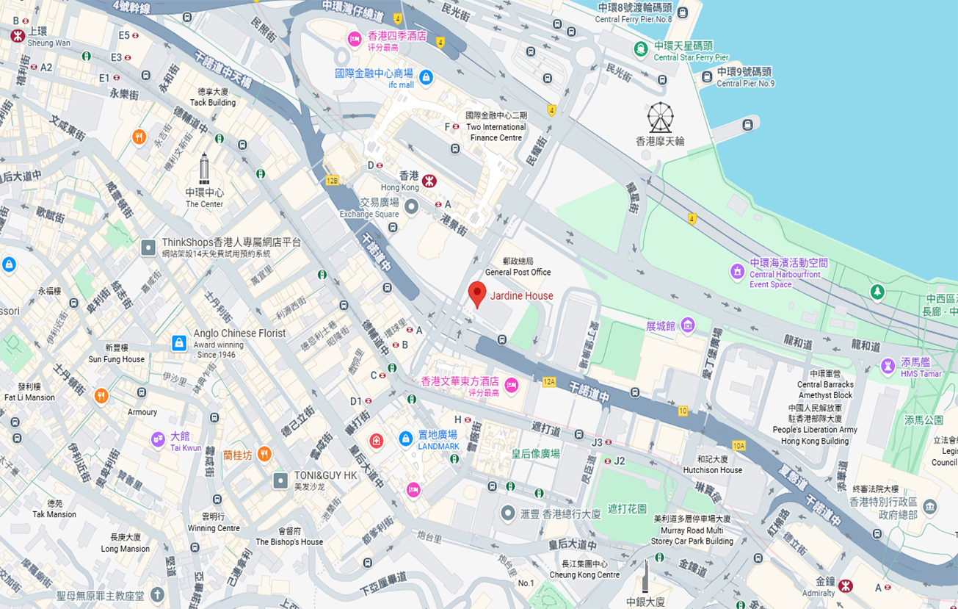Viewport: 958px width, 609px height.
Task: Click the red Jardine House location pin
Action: [x=477, y=293]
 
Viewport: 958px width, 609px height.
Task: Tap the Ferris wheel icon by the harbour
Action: [x=660, y=118]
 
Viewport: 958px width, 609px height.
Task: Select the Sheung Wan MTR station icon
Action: [x=18, y=35]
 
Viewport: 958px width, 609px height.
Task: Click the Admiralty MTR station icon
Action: [x=846, y=585]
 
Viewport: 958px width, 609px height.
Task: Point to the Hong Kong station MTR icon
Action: [x=429, y=181]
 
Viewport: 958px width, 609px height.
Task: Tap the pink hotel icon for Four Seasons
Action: [x=355, y=39]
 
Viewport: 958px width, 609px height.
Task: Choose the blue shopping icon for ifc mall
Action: [x=426, y=76]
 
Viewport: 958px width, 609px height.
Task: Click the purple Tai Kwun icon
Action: [x=158, y=439]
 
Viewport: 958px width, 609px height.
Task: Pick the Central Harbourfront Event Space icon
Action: [x=737, y=272]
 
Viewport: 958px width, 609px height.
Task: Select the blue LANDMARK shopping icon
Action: [x=405, y=439]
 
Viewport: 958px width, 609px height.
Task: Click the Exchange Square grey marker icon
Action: [x=411, y=206]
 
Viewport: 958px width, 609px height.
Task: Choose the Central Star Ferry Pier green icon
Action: [x=641, y=48]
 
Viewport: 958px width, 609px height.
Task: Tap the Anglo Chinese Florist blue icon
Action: [x=179, y=342]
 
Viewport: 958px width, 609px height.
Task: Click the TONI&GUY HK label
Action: [x=325, y=476]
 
